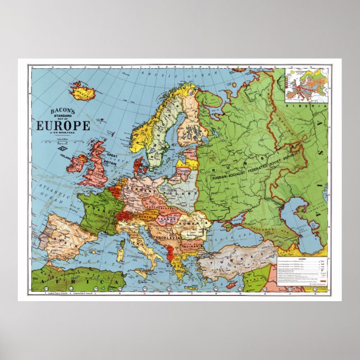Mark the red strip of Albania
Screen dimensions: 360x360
(169, 252)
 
